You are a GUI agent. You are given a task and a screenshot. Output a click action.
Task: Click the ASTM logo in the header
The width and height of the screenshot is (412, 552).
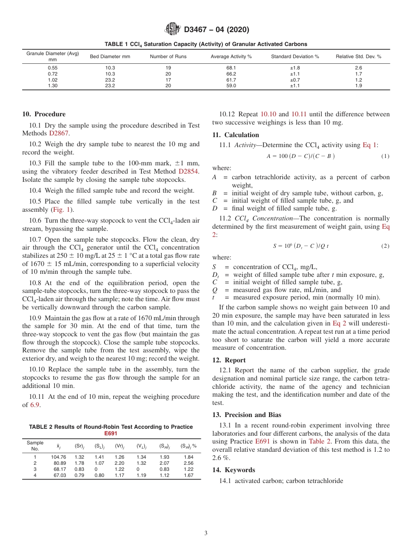pos(173,30)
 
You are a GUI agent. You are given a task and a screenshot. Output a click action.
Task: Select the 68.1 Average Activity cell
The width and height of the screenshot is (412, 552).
pos(231,68)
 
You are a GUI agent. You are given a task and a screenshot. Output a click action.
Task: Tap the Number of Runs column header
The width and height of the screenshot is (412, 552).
pos(168,57)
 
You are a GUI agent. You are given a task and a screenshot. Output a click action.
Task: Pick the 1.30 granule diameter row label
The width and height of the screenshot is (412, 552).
pos(52,86)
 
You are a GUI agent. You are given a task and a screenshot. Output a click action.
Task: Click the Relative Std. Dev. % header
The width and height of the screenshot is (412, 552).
pos(358,57)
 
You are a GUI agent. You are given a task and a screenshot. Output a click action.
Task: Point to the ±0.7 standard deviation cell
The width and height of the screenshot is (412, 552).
pos(294,80)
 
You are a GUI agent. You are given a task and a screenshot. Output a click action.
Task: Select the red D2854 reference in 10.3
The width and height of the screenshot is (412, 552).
pos(189,171)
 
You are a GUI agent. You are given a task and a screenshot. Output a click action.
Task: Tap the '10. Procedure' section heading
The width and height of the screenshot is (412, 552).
pos(44,114)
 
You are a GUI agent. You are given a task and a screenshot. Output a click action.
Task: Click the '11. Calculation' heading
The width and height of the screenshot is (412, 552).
pos(235,135)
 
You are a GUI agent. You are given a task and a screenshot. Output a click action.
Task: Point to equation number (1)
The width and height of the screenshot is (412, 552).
pos(385,156)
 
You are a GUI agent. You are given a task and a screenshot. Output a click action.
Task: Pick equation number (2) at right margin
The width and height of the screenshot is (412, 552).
pos(385,246)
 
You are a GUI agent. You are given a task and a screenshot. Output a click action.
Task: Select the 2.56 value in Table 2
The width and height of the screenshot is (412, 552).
pos(188,463)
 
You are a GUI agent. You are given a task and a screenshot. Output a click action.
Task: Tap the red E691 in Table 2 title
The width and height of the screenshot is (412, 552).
pos(111,433)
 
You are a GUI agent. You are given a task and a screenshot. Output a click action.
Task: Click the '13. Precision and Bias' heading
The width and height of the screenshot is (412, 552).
pos(246,414)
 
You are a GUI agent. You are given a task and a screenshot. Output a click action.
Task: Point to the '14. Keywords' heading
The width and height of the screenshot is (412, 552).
pos(233,470)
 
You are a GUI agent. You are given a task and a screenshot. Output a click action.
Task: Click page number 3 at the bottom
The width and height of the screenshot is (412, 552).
pos(206,533)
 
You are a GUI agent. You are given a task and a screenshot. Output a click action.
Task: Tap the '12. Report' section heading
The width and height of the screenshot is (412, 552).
pos(229,360)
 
